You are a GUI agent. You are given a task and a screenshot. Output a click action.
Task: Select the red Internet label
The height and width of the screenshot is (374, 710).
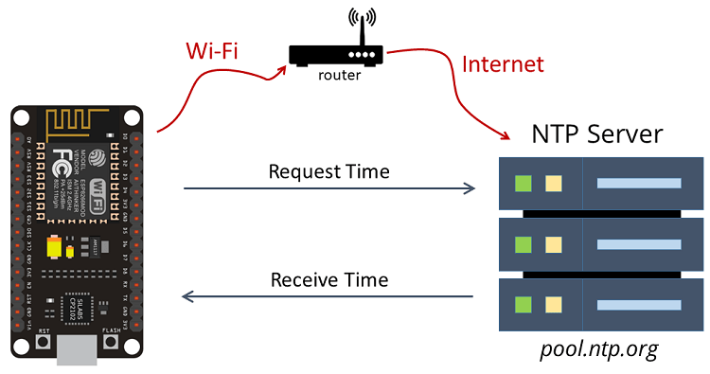tap(503, 64)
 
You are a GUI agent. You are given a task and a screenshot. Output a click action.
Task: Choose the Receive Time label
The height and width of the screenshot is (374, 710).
tap(328, 279)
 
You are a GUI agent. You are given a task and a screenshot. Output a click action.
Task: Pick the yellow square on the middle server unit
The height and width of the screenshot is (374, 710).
tap(554, 244)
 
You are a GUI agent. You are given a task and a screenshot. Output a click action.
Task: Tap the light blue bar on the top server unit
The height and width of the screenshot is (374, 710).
tap(639, 183)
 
